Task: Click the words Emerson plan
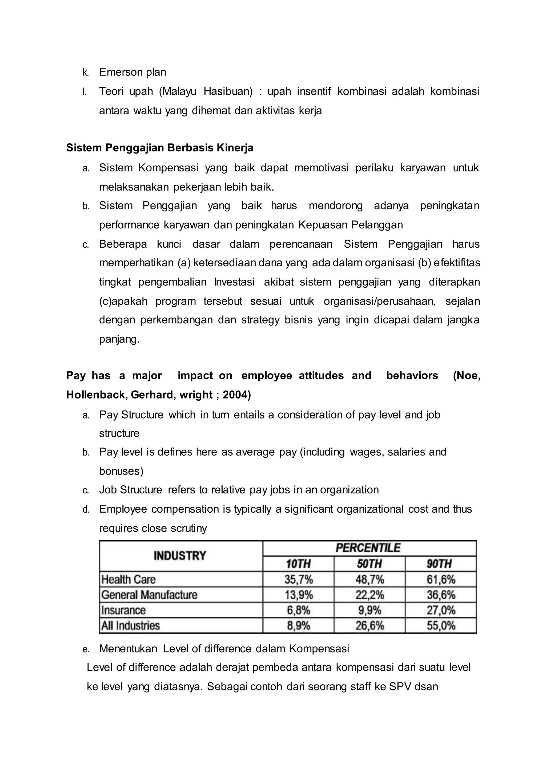pos(133,72)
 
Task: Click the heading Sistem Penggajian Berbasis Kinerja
pos(160,148)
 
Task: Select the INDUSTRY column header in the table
pos(180,556)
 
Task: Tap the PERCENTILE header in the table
pos(368,548)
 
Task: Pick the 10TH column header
pos(298,564)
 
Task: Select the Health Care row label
pos(129,579)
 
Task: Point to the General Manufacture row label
pos(149,595)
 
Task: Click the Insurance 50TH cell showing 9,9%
pos(370,610)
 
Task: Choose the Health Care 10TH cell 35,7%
pos(299,579)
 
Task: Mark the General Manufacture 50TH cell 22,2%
pos(370,595)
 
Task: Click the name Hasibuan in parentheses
pos(228,91)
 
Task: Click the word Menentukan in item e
pos(128,649)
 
